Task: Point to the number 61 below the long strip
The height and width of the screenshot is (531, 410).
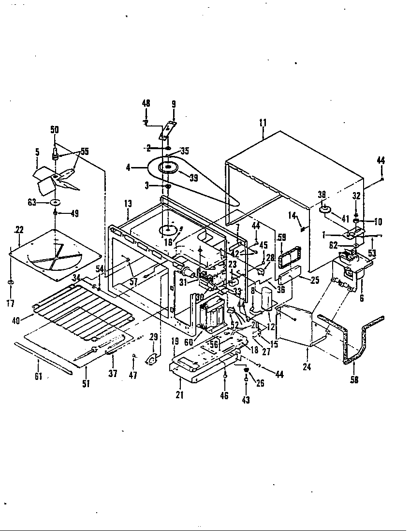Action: [x=38, y=376]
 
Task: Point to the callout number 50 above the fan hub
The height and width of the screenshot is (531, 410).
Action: [x=54, y=129]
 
